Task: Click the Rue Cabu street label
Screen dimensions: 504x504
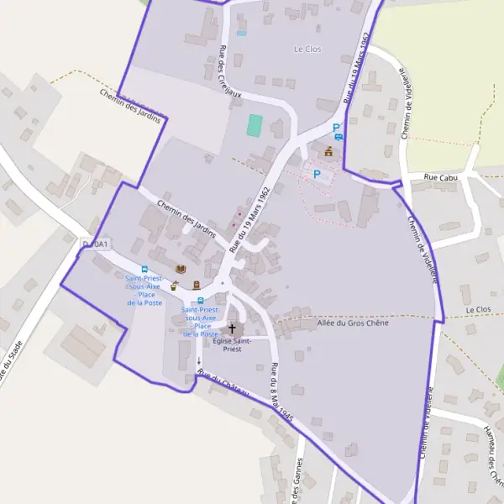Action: coord(438,177)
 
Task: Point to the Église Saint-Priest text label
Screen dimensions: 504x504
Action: coord(233,344)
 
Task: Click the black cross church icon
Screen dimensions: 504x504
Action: coord(233,328)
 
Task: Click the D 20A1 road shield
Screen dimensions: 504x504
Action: coord(95,244)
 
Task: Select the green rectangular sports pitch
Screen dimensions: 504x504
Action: coord(255,126)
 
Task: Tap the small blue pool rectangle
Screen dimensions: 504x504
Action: coord(242,33)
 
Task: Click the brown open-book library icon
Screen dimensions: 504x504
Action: coord(180,269)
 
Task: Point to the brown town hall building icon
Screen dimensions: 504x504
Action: coord(328,151)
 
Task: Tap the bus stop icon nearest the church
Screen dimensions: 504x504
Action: coord(200,302)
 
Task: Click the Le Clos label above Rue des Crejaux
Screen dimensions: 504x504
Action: coord(307,49)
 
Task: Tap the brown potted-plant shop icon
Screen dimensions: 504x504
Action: coord(174,286)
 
